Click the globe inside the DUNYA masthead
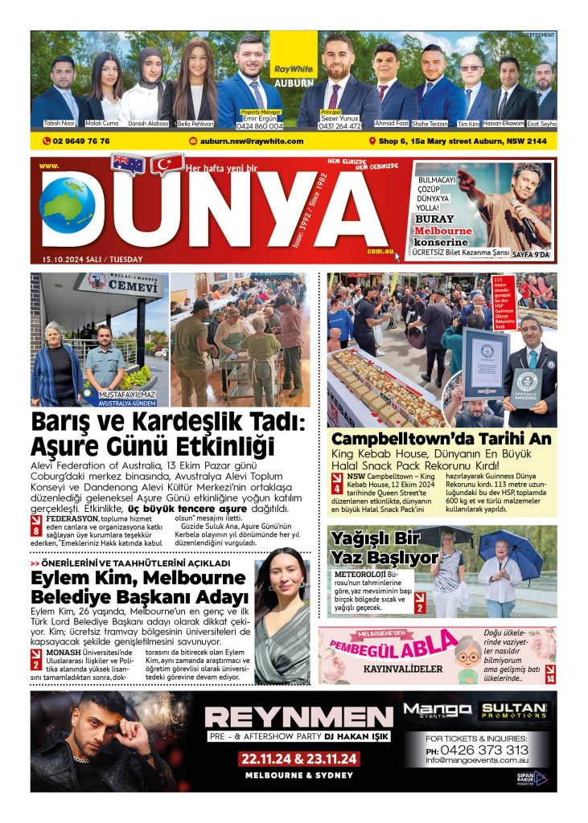(x=67, y=206)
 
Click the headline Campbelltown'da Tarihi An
(x=442, y=440)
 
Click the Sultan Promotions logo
(x=513, y=710)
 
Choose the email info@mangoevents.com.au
(x=477, y=760)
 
